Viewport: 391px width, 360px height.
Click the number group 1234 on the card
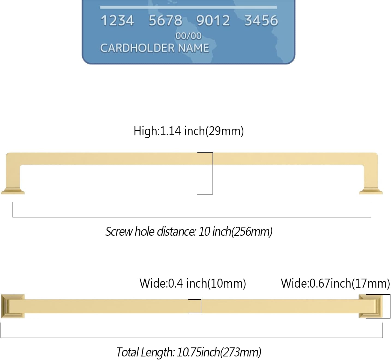pyautogui.click(x=117, y=21)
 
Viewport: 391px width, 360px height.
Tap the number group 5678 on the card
pyautogui.click(x=165, y=21)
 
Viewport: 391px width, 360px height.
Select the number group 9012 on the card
pyautogui.click(x=213, y=21)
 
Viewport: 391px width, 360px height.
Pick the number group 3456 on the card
pyautogui.click(x=261, y=21)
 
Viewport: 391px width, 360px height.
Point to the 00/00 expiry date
pyautogui.click(x=188, y=36)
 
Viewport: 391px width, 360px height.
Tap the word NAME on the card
pyautogui.click(x=193, y=48)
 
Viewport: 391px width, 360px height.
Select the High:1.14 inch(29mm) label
pyautogui.click(x=189, y=131)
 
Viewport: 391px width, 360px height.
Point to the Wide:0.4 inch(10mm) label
pyautogui.click(x=193, y=283)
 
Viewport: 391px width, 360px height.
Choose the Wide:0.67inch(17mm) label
pyautogui.click(x=335, y=283)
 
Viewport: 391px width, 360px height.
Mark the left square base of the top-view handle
pyautogui.click(x=13, y=306)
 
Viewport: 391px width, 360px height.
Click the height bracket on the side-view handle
pyautogui.click(x=212, y=173)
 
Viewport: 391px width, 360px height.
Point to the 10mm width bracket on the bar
pyautogui.click(x=200, y=306)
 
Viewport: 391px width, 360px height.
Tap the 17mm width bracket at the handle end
pyautogui.click(x=389, y=306)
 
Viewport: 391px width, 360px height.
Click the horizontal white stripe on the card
pyautogui.click(x=188, y=7)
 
